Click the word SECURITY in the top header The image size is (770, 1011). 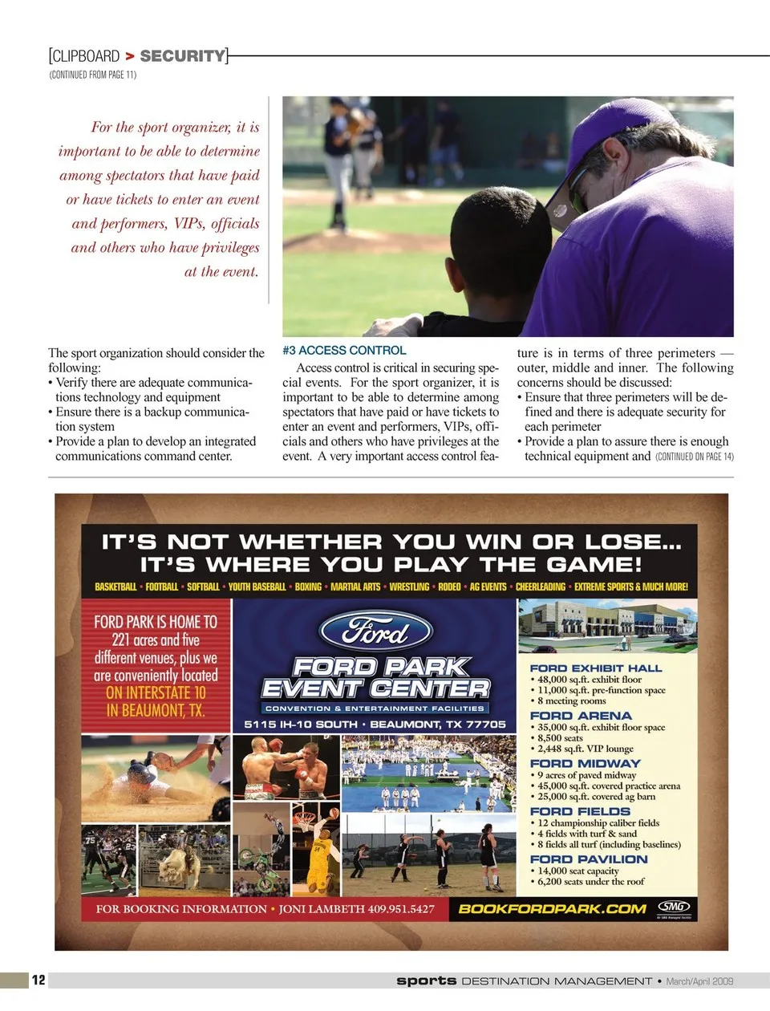pyautogui.click(x=183, y=56)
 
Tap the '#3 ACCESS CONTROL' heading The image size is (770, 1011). pyautogui.click(x=344, y=351)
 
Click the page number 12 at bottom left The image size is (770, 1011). pyautogui.click(x=38, y=980)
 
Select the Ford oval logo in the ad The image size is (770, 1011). pyautogui.click(x=375, y=631)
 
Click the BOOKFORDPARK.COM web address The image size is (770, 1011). pyautogui.click(x=552, y=909)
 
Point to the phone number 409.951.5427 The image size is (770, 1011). pyautogui.click(x=401, y=909)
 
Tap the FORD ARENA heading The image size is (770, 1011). pyautogui.click(x=581, y=716)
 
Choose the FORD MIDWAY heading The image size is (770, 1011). pyautogui.click(x=586, y=764)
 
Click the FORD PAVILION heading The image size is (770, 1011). pyautogui.click(x=589, y=859)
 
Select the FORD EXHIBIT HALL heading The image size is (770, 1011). pyautogui.click(x=596, y=668)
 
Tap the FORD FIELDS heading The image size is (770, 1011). pyautogui.click(x=581, y=812)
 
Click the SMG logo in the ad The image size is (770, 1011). pyautogui.click(x=674, y=907)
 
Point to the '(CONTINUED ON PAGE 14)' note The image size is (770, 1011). pyautogui.click(x=695, y=457)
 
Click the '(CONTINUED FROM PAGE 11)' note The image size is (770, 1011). pyautogui.click(x=93, y=75)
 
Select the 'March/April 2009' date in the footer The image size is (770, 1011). pyautogui.click(x=699, y=981)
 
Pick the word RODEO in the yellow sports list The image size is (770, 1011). pyautogui.click(x=449, y=587)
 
